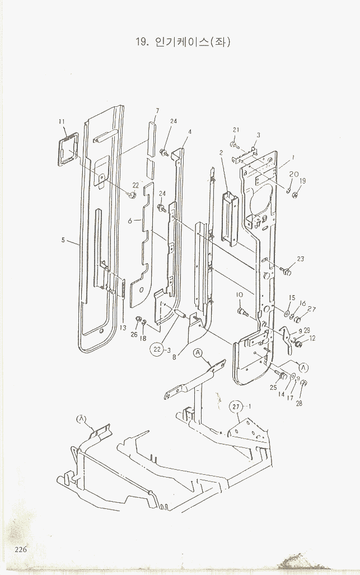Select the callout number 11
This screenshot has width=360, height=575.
coord(62,121)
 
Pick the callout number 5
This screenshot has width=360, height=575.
coord(63,241)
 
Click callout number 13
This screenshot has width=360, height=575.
coord(123,328)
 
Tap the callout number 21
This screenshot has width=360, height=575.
coord(236,130)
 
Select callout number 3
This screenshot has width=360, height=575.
coord(258,135)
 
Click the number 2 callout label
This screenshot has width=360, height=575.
coord(221,152)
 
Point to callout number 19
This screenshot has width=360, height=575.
coord(303,181)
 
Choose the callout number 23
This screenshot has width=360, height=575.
coord(301,259)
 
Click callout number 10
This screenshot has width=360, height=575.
coord(239,294)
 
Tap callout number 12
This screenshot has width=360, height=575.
coord(312,338)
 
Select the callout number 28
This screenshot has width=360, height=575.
coord(299,403)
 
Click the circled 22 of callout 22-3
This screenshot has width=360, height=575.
coord(157,350)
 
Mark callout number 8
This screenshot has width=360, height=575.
coord(175,356)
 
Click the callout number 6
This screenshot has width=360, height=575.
coord(130,221)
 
